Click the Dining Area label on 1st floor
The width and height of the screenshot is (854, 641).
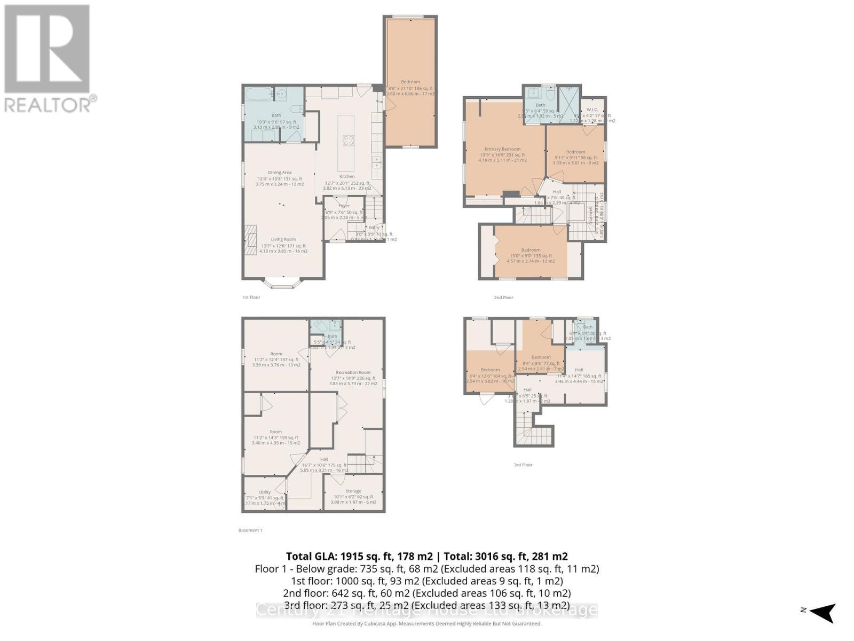coord(280,173)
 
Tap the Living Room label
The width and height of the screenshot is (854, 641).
coord(283,240)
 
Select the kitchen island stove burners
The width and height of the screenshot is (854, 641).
coord(348,140)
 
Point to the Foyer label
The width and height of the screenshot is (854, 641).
coord(344,206)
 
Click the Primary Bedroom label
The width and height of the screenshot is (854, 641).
coord(502,150)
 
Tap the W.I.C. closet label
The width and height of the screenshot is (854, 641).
coord(591,110)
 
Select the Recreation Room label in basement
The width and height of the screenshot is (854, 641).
coord(353,372)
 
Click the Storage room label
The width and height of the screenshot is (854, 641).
coord(353,491)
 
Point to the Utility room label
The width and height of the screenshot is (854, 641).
coord(265,492)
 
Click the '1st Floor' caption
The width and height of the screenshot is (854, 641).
coord(251,297)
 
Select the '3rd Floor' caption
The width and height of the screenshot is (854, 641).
coord(523,465)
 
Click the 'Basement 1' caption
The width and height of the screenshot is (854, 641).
coord(250,530)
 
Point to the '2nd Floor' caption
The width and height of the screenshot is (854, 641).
coord(503,298)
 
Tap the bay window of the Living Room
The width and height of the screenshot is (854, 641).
coord(283,283)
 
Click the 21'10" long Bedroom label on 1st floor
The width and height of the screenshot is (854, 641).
coord(410,82)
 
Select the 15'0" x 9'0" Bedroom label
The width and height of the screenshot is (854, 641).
coord(531,250)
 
